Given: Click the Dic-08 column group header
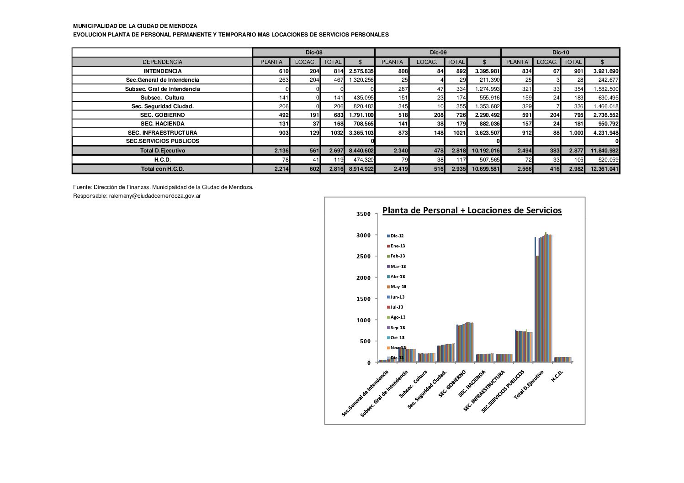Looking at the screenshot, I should (x=314, y=52).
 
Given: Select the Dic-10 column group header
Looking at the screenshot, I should (x=560, y=52).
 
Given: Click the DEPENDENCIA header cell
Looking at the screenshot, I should (x=162, y=62).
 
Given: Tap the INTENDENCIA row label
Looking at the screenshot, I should (x=162, y=71).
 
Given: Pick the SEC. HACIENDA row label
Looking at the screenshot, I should (x=162, y=124).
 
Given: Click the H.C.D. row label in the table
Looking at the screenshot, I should (x=162, y=160).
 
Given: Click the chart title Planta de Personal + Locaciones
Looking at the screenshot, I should (x=472, y=210).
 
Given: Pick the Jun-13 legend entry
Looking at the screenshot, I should (x=397, y=297).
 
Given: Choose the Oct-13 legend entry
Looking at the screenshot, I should (x=397, y=338).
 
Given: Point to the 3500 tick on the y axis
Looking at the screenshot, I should (x=364, y=214).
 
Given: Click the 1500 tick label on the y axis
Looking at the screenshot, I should (x=364, y=299).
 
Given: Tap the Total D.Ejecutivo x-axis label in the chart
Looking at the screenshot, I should (x=529, y=385).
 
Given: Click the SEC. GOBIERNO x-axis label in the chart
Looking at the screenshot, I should (x=452, y=383).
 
